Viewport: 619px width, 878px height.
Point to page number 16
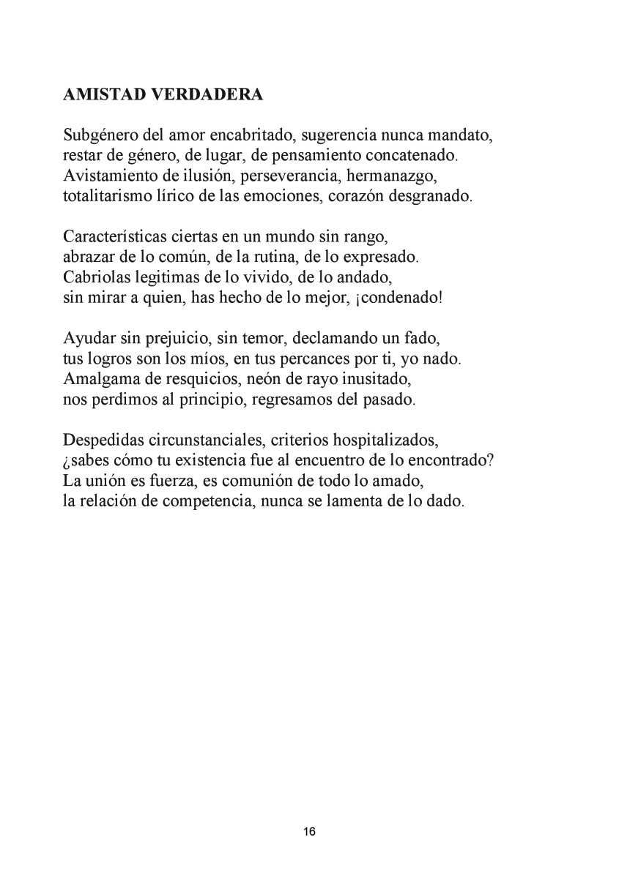309,832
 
